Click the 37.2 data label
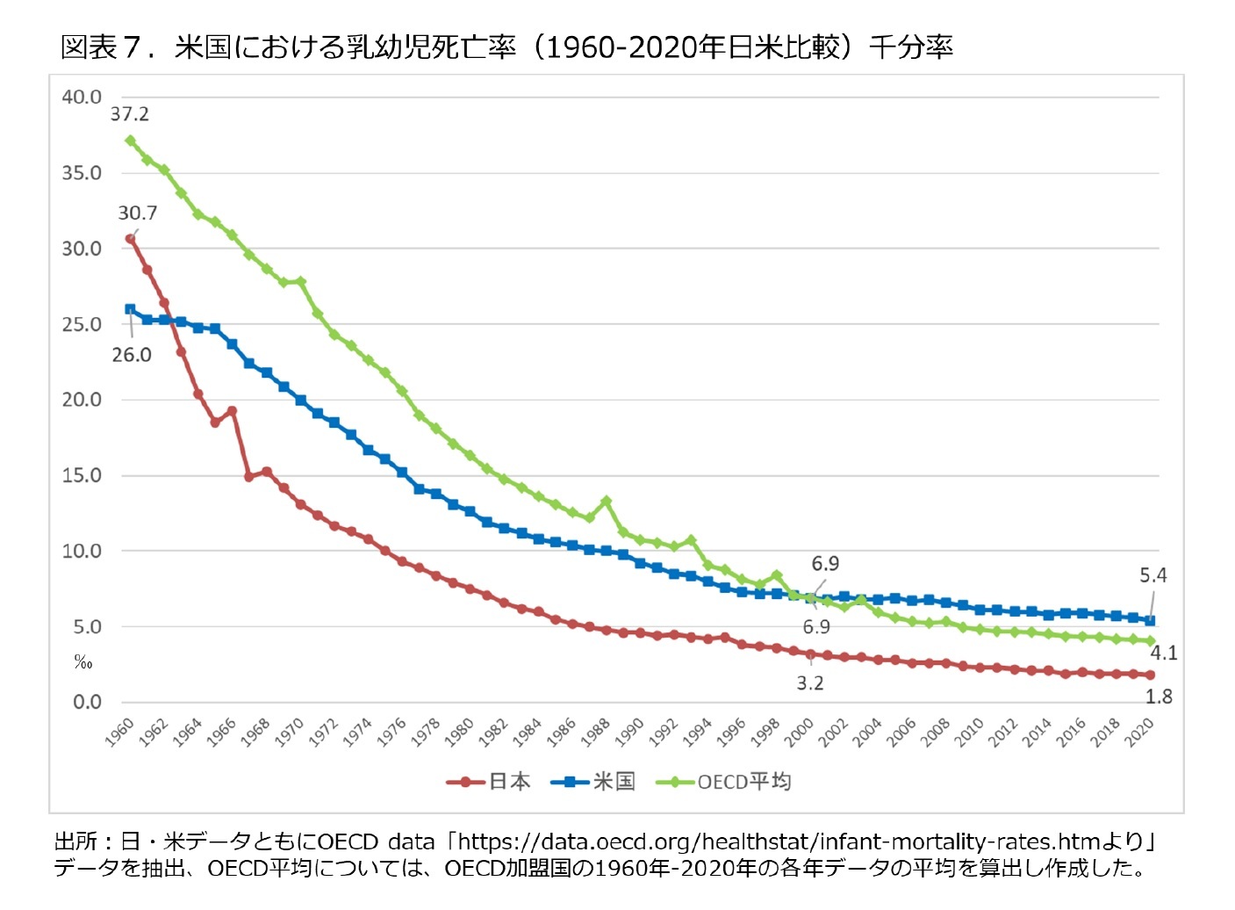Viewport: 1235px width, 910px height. (130, 114)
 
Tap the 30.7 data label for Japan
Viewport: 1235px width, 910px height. (138, 213)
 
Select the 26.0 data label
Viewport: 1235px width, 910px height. (132, 355)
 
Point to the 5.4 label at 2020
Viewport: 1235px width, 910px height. (1152, 575)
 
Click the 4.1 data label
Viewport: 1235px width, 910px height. (1163, 654)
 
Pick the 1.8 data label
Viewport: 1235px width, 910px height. (1159, 697)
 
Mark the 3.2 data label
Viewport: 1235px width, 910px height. (810, 683)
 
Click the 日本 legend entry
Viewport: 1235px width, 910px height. (489, 782)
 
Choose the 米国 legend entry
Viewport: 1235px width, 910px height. (593, 782)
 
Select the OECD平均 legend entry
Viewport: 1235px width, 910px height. (724, 782)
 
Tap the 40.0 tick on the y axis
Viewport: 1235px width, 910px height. (82, 97)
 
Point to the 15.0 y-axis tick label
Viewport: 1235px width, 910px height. (82, 476)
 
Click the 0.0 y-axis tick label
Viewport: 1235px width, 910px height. (87, 703)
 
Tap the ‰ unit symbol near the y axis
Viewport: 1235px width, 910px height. (83, 662)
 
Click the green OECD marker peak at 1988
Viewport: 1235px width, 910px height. (606, 502)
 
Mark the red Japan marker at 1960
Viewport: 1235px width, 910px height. (130, 239)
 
